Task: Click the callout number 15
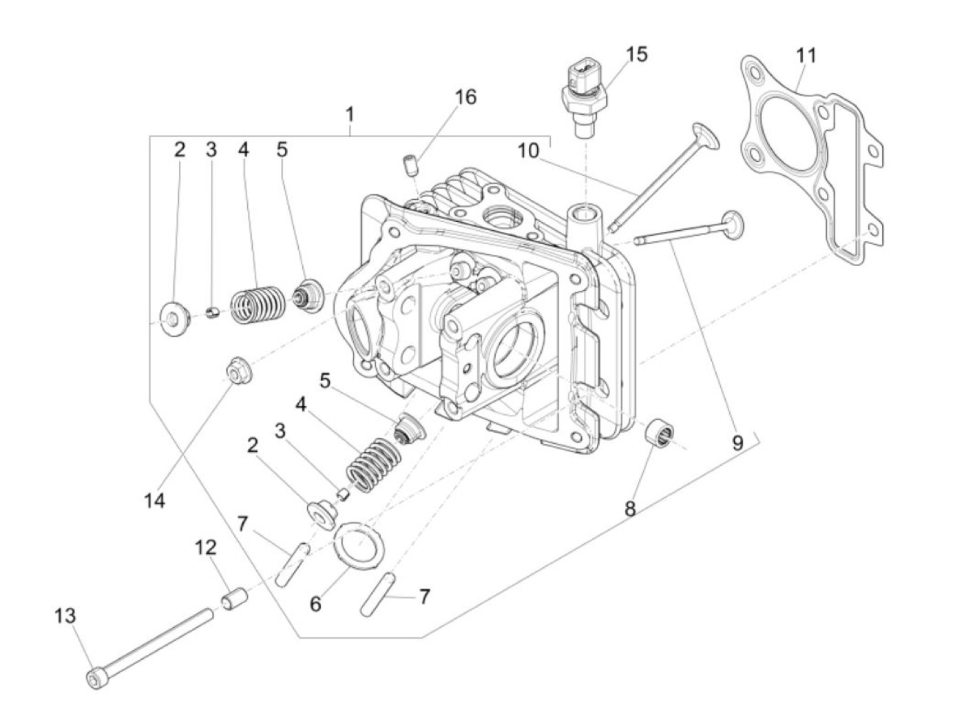pyautogui.click(x=637, y=54)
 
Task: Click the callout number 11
pyautogui.click(x=806, y=55)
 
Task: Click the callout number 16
pyautogui.click(x=465, y=97)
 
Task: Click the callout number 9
pyautogui.click(x=737, y=442)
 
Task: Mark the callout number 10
pyautogui.click(x=528, y=151)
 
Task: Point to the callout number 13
pyautogui.click(x=65, y=615)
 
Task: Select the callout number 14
pyautogui.click(x=155, y=500)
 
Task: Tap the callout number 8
pyautogui.click(x=630, y=509)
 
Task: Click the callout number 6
pyautogui.click(x=315, y=604)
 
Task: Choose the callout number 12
pyautogui.click(x=205, y=549)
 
